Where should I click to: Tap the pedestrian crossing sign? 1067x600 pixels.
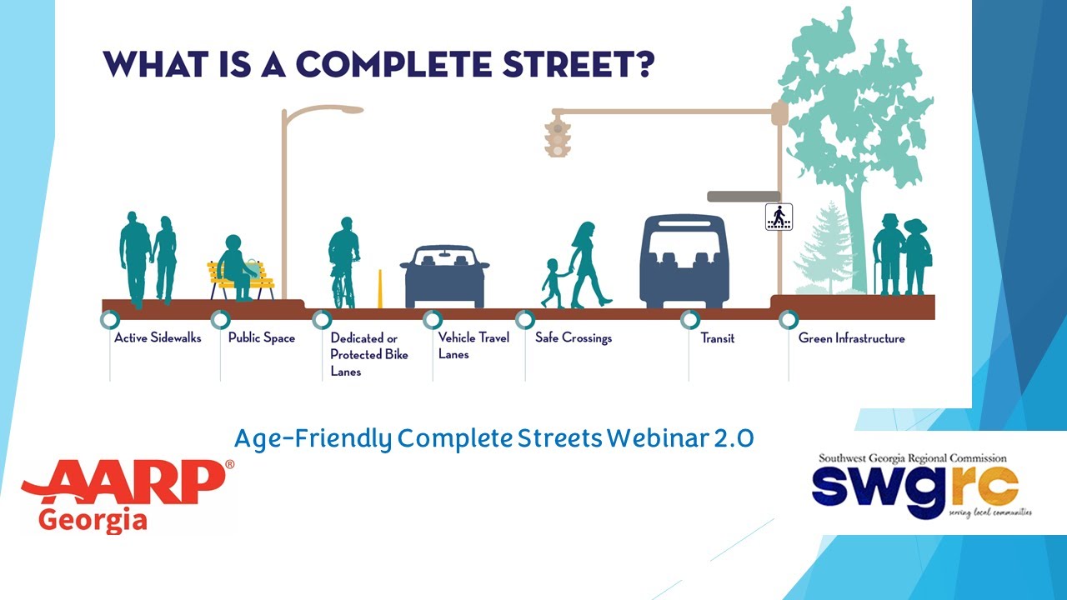tap(779, 217)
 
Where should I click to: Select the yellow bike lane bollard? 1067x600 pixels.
tap(380, 288)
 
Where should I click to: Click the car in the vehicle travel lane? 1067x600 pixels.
tap(444, 276)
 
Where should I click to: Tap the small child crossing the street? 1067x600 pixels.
tap(552, 283)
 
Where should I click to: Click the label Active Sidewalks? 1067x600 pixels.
tap(158, 338)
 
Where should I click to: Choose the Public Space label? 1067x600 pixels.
tap(262, 338)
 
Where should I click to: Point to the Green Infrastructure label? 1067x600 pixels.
tap(851, 338)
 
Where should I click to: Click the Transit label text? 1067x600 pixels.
tap(717, 338)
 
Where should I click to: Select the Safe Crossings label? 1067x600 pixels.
tap(574, 338)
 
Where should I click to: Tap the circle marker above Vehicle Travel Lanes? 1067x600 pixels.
tap(432, 319)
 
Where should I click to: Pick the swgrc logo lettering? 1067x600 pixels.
tap(914, 485)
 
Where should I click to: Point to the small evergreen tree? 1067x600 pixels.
tap(824, 247)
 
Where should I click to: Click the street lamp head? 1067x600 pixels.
tap(343, 109)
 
